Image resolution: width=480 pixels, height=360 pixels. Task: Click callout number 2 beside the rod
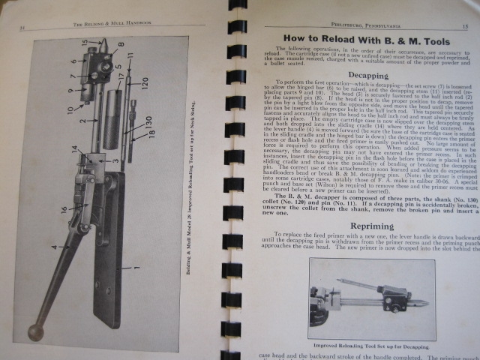(x=85, y=119)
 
